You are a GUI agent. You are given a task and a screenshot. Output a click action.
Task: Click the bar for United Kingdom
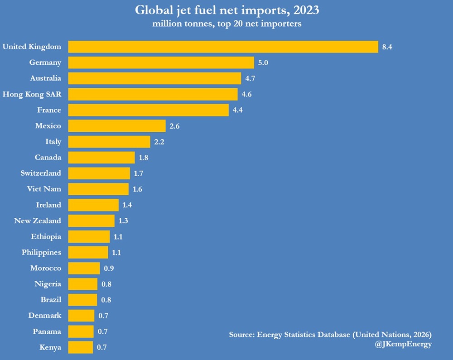tap(223, 47)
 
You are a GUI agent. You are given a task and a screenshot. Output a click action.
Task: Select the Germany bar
tap(161, 62)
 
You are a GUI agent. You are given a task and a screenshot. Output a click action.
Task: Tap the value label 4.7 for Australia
tap(251, 78)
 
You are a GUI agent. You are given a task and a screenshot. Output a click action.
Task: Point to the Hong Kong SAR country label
tap(32, 94)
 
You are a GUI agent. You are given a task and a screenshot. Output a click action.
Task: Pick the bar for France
tap(148, 110)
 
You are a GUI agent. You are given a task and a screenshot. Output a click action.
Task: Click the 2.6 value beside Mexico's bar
tap(174, 126)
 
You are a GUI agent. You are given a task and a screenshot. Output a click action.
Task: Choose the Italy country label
tap(53, 142)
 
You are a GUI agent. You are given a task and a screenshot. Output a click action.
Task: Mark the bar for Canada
tap(101, 158)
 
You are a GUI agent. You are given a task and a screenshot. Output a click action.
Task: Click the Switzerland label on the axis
tap(41, 173)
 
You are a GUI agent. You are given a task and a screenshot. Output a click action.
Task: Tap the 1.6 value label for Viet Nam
tap(137, 189)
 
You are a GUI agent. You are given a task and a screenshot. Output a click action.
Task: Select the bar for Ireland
tap(93, 205)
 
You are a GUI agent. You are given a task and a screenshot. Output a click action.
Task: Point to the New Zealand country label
tap(38, 221)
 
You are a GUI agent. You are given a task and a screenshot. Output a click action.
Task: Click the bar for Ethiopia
tap(89, 236)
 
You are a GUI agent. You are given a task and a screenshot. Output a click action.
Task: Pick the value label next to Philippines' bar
tap(116, 252)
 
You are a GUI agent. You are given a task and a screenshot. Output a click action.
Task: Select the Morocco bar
tap(84, 268)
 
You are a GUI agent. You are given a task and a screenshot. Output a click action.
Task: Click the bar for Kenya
tap(81, 347)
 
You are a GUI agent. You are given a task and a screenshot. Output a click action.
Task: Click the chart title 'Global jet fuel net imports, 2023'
tap(226, 10)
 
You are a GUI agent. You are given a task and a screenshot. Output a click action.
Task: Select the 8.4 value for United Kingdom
tap(387, 47)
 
